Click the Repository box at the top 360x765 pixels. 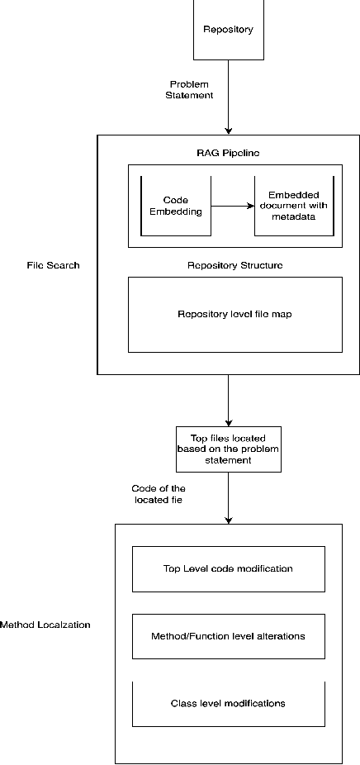click(x=228, y=30)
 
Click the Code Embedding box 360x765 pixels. click(x=175, y=206)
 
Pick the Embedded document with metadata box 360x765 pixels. click(x=294, y=206)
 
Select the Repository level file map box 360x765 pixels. click(x=234, y=314)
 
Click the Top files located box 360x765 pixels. click(x=229, y=449)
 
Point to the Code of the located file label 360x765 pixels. click(x=159, y=494)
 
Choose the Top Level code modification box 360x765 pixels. click(x=228, y=568)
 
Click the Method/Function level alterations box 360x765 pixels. click(x=228, y=636)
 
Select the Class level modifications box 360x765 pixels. click(x=228, y=703)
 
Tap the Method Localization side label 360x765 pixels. click(x=45, y=625)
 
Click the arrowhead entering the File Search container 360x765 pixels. click(x=229, y=131)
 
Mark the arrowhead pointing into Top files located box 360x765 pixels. click(x=229, y=421)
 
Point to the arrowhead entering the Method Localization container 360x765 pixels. click(x=229, y=520)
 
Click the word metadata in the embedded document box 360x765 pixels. click(x=294, y=218)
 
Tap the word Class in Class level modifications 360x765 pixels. click(x=182, y=703)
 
